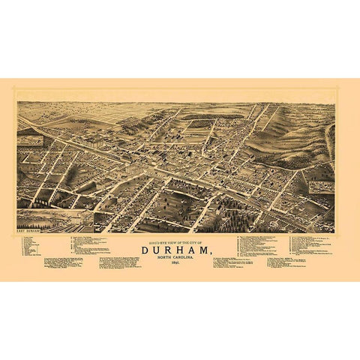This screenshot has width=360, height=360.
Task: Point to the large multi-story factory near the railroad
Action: tap(97, 142)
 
